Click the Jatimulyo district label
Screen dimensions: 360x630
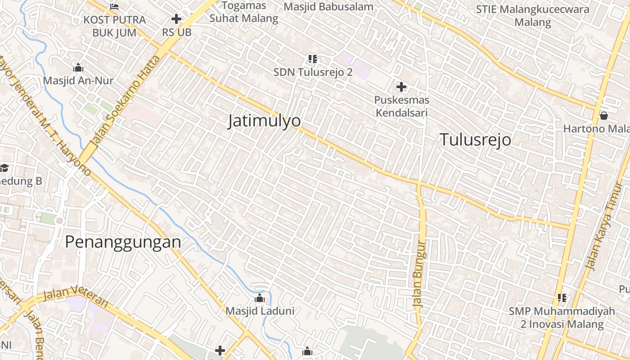click(264, 121)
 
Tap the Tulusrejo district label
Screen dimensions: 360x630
click(475, 140)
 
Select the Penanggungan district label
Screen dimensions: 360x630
click(123, 242)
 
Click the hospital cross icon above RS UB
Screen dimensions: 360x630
click(176, 19)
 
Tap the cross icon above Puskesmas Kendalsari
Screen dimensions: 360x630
click(401, 86)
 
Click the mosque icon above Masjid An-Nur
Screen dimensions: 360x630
click(78, 68)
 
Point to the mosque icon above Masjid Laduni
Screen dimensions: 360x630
click(260, 298)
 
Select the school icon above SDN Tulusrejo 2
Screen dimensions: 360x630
click(313, 58)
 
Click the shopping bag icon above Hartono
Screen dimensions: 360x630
click(604, 116)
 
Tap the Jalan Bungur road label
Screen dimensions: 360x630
click(419, 274)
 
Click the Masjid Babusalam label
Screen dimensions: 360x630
click(328, 7)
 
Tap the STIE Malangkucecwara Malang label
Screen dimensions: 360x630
click(532, 15)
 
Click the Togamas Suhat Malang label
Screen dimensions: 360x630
click(244, 12)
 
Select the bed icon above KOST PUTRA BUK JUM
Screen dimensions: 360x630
click(114, 6)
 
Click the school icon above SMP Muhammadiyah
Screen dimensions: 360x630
click(562, 297)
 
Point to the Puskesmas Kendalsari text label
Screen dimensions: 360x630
click(402, 106)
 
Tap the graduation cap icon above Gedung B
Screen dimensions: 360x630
click(4, 168)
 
